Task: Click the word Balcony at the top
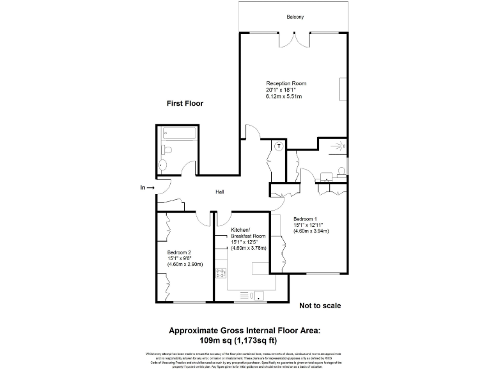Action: (x=295, y=17)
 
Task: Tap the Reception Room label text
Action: (x=286, y=83)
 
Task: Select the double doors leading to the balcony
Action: (x=295, y=40)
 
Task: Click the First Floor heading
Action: (x=185, y=103)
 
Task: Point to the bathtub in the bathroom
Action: (x=179, y=135)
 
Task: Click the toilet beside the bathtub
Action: (x=167, y=150)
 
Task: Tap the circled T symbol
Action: (x=279, y=147)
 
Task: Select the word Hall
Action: (x=219, y=192)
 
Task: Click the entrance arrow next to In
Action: (x=151, y=188)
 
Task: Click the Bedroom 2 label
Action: (x=180, y=252)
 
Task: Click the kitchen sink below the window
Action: (x=259, y=295)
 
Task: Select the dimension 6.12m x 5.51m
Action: (x=284, y=97)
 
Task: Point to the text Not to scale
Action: (x=320, y=306)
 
